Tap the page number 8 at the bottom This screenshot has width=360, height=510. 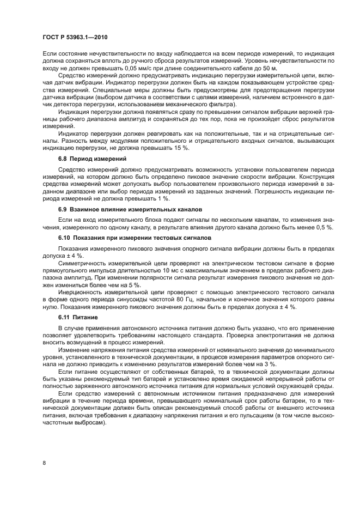(x=44, y=463)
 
